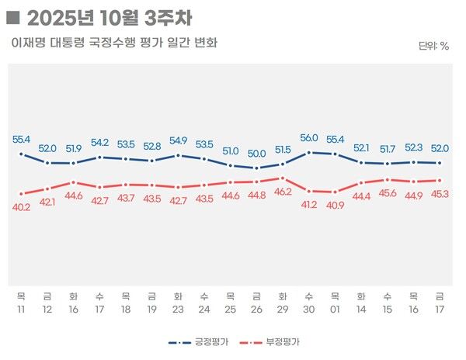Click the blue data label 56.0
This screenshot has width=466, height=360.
(x=309, y=138)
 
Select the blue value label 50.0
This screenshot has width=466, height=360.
(x=256, y=154)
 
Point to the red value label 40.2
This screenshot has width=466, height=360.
(x=21, y=207)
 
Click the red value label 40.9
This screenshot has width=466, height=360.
(x=336, y=206)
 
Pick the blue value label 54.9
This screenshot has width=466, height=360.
(x=178, y=140)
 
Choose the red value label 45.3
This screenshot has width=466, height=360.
(x=440, y=194)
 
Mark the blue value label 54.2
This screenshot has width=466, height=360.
(x=99, y=143)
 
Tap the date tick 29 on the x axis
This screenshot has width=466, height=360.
(x=283, y=308)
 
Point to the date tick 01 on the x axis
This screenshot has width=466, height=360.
(x=336, y=308)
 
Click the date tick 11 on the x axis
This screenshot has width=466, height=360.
(x=21, y=308)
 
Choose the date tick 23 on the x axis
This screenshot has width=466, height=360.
(x=178, y=308)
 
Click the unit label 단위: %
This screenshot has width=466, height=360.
(x=433, y=46)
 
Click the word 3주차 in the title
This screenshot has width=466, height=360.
(x=168, y=16)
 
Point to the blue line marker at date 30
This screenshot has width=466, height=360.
(x=309, y=152)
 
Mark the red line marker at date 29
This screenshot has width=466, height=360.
(x=283, y=178)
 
